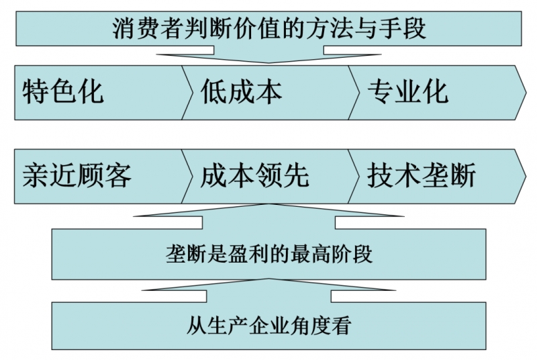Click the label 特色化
pyautogui.click(x=63, y=91)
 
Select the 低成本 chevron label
pyautogui.click(x=241, y=91)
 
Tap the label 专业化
pyautogui.click(x=408, y=91)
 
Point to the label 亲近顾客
pyautogui.click(x=77, y=176)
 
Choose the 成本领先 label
pyautogui.click(x=255, y=176)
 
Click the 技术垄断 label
pyautogui.click(x=422, y=176)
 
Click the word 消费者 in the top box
pyautogui.click(x=140, y=30)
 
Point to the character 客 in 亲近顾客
pyautogui.click(x=118, y=176)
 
